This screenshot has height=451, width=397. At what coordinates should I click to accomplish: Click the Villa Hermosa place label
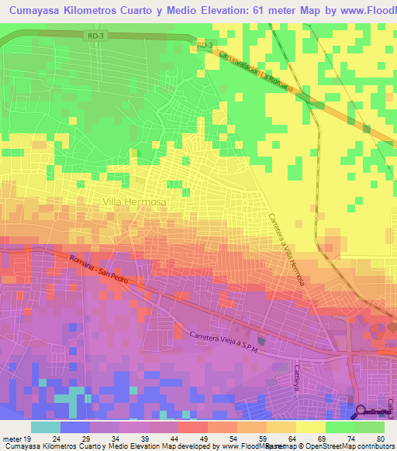[134, 201]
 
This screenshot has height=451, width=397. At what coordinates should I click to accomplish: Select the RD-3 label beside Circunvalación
[204, 46]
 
